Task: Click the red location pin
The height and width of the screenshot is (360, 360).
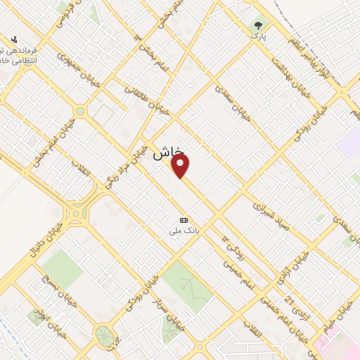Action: [x=181, y=165]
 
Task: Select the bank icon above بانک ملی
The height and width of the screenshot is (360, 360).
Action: [x=184, y=219]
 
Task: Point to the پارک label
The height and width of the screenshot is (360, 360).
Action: [x=259, y=36]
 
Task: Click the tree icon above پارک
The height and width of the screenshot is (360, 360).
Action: [x=259, y=25]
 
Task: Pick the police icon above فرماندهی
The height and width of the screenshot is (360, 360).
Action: [x=15, y=40]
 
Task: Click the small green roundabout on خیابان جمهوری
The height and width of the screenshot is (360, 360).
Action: [x=80, y=110]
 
